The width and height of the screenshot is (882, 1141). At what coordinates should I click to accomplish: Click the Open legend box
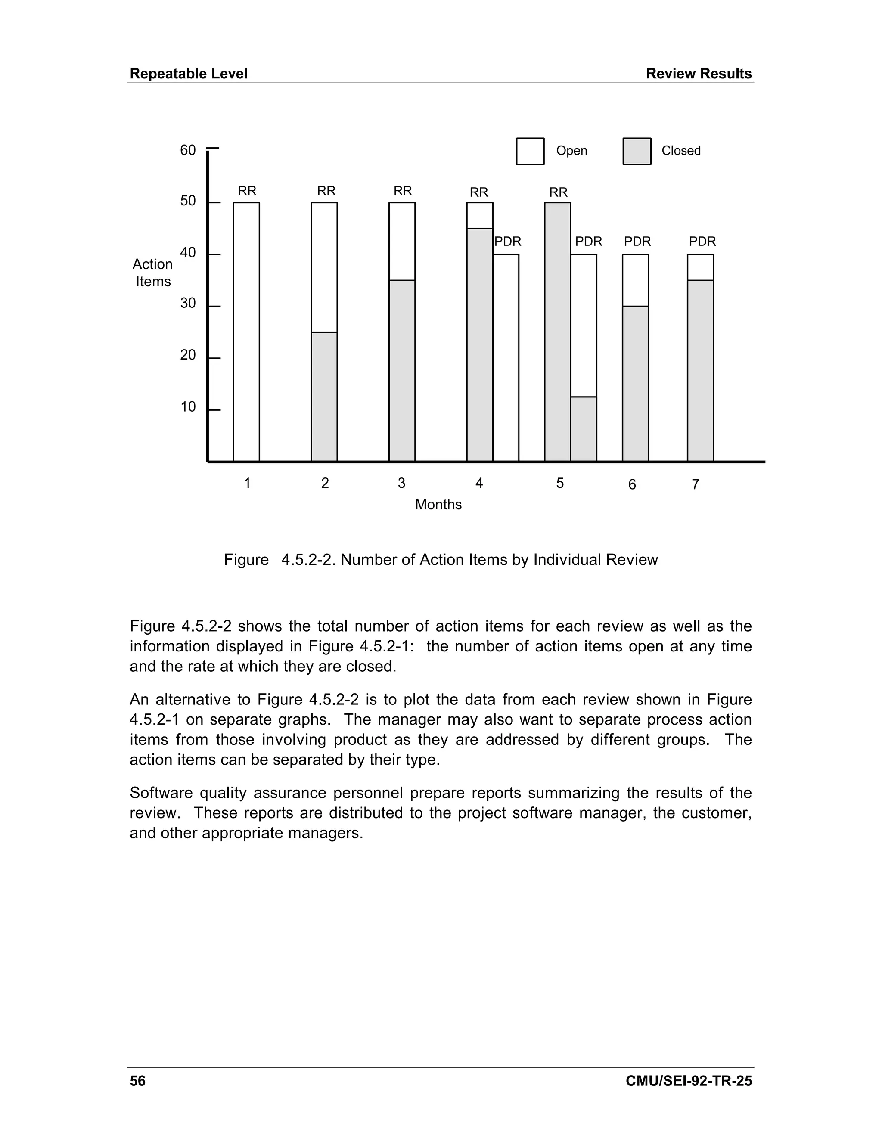click(x=530, y=152)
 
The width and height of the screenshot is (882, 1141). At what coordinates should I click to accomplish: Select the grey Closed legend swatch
click(x=637, y=152)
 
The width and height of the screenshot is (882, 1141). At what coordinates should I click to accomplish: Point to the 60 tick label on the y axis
click(x=188, y=150)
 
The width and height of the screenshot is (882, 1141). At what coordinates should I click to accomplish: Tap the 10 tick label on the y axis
click(x=188, y=407)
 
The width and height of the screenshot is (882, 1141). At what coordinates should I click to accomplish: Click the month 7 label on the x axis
click(x=695, y=485)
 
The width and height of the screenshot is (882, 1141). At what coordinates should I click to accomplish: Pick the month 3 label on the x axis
click(x=401, y=483)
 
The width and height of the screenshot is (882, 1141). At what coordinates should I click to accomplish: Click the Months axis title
click(x=438, y=505)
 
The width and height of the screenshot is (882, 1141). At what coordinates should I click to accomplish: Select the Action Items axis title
click(x=152, y=273)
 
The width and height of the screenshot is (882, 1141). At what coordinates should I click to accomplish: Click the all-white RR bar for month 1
click(x=246, y=332)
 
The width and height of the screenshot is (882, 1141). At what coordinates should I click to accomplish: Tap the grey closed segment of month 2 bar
click(x=324, y=397)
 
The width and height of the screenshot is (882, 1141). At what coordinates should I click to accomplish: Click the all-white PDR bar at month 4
click(x=506, y=358)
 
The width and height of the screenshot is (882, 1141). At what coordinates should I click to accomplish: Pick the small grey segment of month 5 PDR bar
click(x=583, y=429)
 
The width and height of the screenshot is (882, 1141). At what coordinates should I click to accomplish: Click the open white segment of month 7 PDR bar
click(x=700, y=267)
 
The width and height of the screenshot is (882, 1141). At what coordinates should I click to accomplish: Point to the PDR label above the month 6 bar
click(x=637, y=242)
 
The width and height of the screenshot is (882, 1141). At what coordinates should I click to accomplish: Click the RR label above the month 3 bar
click(x=402, y=191)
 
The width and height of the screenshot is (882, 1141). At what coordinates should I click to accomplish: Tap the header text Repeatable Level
click(x=188, y=74)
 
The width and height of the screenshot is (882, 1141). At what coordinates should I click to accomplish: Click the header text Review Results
click(x=699, y=74)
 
